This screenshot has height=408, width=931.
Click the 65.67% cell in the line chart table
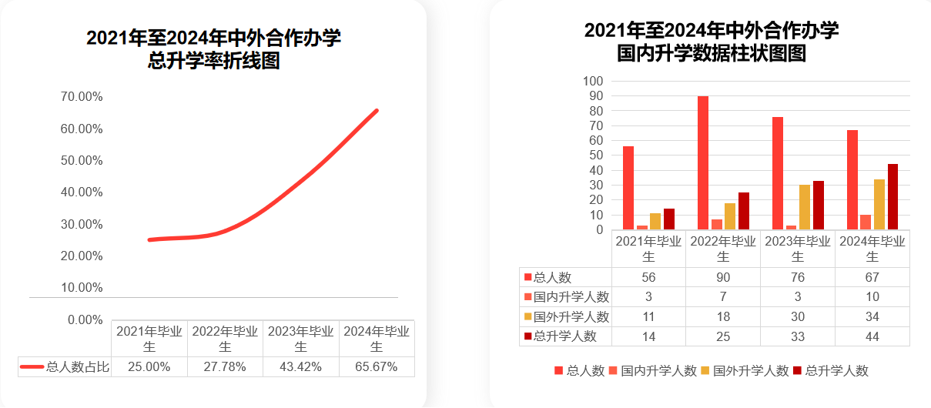[377, 367]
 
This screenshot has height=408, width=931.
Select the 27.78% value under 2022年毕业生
[225, 367]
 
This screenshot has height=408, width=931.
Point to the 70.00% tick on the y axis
[82, 97]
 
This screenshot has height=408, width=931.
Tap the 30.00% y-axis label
[82, 224]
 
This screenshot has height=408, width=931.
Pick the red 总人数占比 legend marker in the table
[31, 367]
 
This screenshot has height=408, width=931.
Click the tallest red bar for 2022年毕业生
[703, 162]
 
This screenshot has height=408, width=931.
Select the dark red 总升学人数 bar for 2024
[892, 196]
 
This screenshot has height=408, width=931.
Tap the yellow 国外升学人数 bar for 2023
[804, 207]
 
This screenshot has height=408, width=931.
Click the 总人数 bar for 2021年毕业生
[628, 188]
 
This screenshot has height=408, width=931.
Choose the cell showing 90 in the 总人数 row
[723, 277]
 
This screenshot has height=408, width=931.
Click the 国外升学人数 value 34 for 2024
[872, 316]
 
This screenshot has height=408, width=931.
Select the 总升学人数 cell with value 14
[649, 336]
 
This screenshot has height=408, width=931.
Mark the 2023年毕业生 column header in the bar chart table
[798, 248]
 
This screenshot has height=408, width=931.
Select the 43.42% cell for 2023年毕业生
[300, 367]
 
